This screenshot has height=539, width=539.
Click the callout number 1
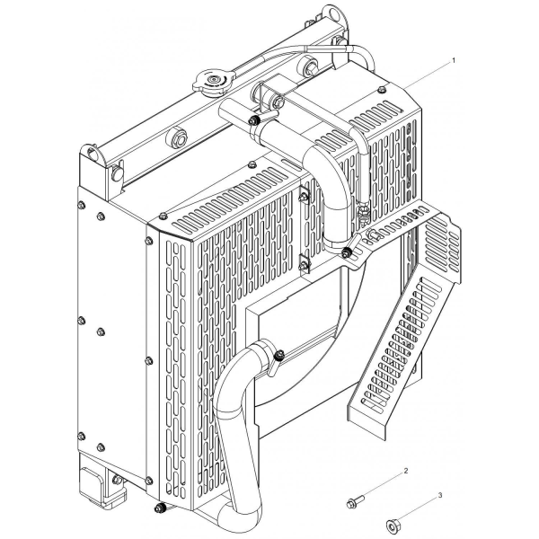454,60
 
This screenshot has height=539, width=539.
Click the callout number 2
406,471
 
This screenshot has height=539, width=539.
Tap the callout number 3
440,495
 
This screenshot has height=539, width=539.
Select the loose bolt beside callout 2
355,501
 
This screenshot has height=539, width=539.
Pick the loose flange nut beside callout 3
392,525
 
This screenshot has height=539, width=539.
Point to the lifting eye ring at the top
332,14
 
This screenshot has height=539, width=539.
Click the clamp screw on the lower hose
279,354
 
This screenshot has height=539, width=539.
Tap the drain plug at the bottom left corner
159,508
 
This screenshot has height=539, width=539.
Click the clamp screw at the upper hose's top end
253,120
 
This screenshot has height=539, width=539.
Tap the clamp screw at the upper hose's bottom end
346,254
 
